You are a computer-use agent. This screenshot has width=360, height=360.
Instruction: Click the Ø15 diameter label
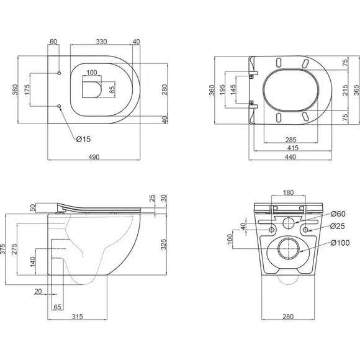[83, 139]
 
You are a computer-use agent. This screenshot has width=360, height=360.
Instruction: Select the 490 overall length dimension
[94, 157]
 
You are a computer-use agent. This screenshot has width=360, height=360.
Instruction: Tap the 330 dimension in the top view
[101, 42]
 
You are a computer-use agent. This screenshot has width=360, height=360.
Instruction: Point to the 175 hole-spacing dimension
[27, 89]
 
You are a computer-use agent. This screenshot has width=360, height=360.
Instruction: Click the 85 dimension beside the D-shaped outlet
[112, 89]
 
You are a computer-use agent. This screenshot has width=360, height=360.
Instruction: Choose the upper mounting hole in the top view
[59, 73]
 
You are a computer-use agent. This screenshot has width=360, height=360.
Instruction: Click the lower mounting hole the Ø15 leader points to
[59, 106]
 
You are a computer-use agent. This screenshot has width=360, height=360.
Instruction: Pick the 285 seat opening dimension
[290, 140]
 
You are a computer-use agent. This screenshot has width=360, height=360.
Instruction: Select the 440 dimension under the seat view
[290, 157]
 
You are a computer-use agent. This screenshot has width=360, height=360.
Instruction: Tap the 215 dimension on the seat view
[345, 90]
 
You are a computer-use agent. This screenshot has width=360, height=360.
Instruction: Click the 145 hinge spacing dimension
[233, 90]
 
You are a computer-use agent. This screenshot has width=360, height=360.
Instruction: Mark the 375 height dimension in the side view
[3, 249]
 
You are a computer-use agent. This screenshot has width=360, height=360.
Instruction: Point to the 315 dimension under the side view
[77, 317]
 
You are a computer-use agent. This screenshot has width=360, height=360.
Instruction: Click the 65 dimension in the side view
[57, 307]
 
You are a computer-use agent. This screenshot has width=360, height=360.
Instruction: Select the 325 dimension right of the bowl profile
[163, 245]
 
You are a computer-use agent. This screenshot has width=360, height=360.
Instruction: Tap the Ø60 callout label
[338, 214]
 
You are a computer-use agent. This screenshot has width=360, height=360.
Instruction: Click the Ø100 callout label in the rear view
[340, 243]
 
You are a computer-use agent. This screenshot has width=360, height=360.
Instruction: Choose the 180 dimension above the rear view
[288, 192]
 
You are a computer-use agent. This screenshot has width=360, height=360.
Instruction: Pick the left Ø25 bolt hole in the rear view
[271, 230]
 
